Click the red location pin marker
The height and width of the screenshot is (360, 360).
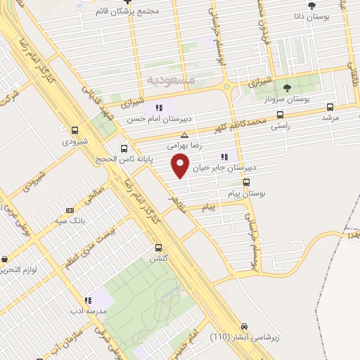pyautogui.click(x=181, y=166)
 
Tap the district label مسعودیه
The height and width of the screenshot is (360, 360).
pyautogui.click(x=171, y=81)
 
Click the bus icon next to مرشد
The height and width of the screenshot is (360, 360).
pyautogui.click(x=331, y=108)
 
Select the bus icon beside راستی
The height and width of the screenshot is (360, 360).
pyautogui.click(x=281, y=115)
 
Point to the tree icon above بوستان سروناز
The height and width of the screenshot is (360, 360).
pyautogui.click(x=286, y=88)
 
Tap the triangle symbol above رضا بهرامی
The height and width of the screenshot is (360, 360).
pyautogui.click(x=184, y=136)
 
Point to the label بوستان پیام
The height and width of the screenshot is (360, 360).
pyautogui.click(x=245, y=192)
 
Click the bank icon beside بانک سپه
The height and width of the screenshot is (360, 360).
pyautogui.click(x=69, y=210)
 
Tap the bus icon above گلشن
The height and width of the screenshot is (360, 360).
pyautogui.click(x=158, y=248)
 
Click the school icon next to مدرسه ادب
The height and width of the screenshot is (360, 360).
pyautogui.click(x=87, y=300)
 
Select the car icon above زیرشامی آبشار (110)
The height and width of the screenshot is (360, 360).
pyautogui.click(x=244, y=327)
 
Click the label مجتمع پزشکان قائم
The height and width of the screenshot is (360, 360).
pyautogui.click(x=146, y=12)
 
